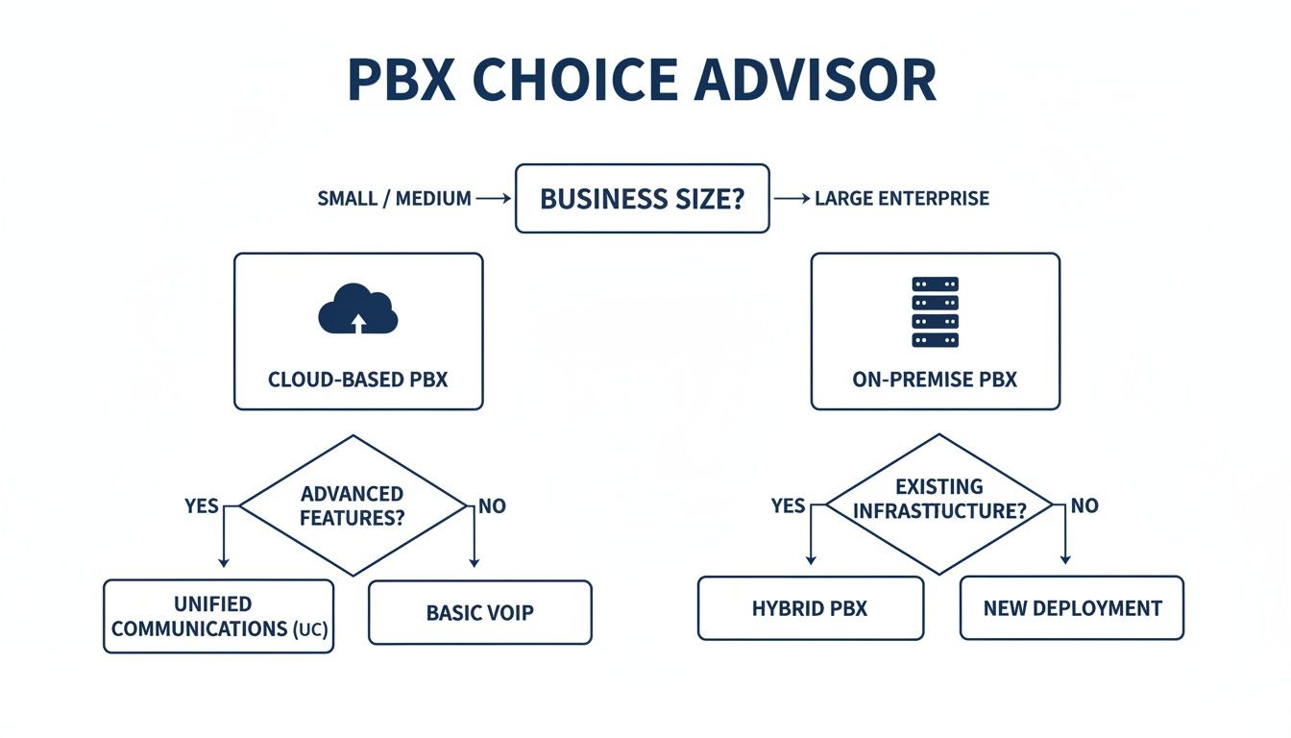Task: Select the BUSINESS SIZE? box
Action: [642, 199]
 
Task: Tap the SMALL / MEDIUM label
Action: [394, 199]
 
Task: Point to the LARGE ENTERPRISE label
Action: [902, 199]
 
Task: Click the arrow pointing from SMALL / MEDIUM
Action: [493, 199]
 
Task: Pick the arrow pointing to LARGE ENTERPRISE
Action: [792, 199]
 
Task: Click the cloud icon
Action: [357, 309]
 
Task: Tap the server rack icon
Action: [935, 311]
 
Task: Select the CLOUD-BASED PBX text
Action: [357, 379]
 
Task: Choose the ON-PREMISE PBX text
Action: [935, 379]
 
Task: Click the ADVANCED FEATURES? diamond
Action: [352, 505]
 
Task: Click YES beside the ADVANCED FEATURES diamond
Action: [202, 505]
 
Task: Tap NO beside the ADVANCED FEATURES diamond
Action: [491, 505]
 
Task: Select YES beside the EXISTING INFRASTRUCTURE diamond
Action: [788, 505]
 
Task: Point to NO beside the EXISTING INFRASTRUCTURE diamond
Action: [1084, 505]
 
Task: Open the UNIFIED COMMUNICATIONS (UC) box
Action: [219, 616]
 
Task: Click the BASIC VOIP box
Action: [479, 612]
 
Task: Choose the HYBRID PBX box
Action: [810, 608]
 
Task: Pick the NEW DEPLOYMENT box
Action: [1072, 608]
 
